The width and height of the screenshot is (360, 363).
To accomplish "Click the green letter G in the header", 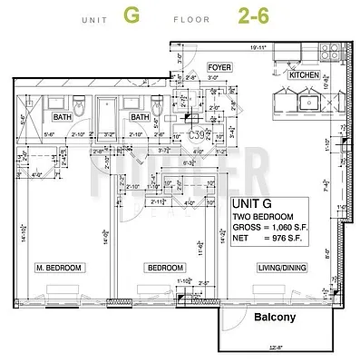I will pos(133,15).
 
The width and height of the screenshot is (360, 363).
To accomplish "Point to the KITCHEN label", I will pos(302,76).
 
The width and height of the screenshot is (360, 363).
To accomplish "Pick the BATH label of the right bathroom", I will pos(139,117).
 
